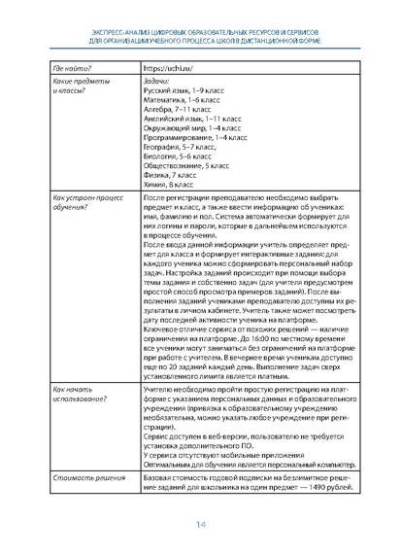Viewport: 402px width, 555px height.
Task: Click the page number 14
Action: (x=201, y=525)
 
